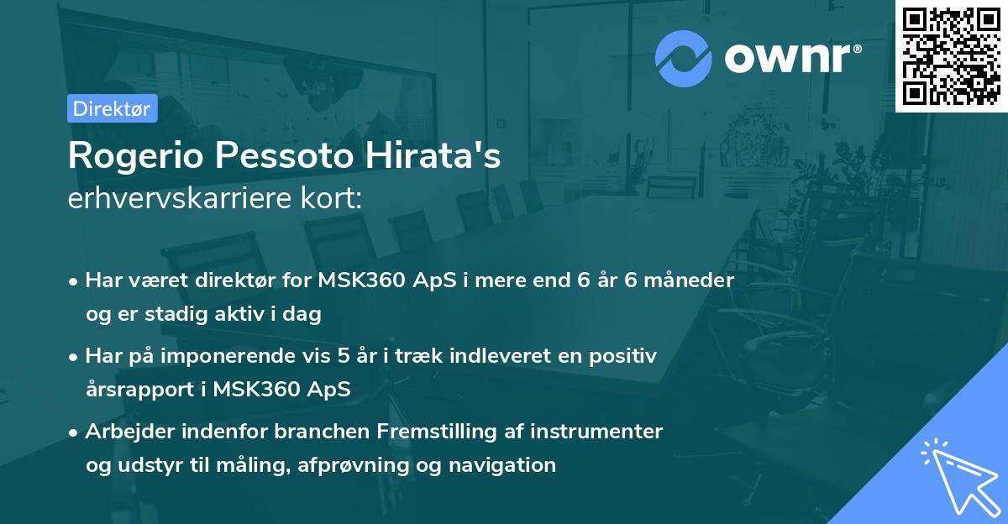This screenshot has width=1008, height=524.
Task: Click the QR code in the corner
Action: tap(951, 56)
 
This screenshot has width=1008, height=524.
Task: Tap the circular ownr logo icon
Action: tap(684, 59)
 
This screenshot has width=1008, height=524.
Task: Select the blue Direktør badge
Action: tap(112, 108)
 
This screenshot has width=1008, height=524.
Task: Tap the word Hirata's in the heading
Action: tap(444, 157)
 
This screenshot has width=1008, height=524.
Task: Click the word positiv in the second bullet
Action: tap(625, 356)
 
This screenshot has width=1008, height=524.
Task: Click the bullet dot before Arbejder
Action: tap(75, 432)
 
